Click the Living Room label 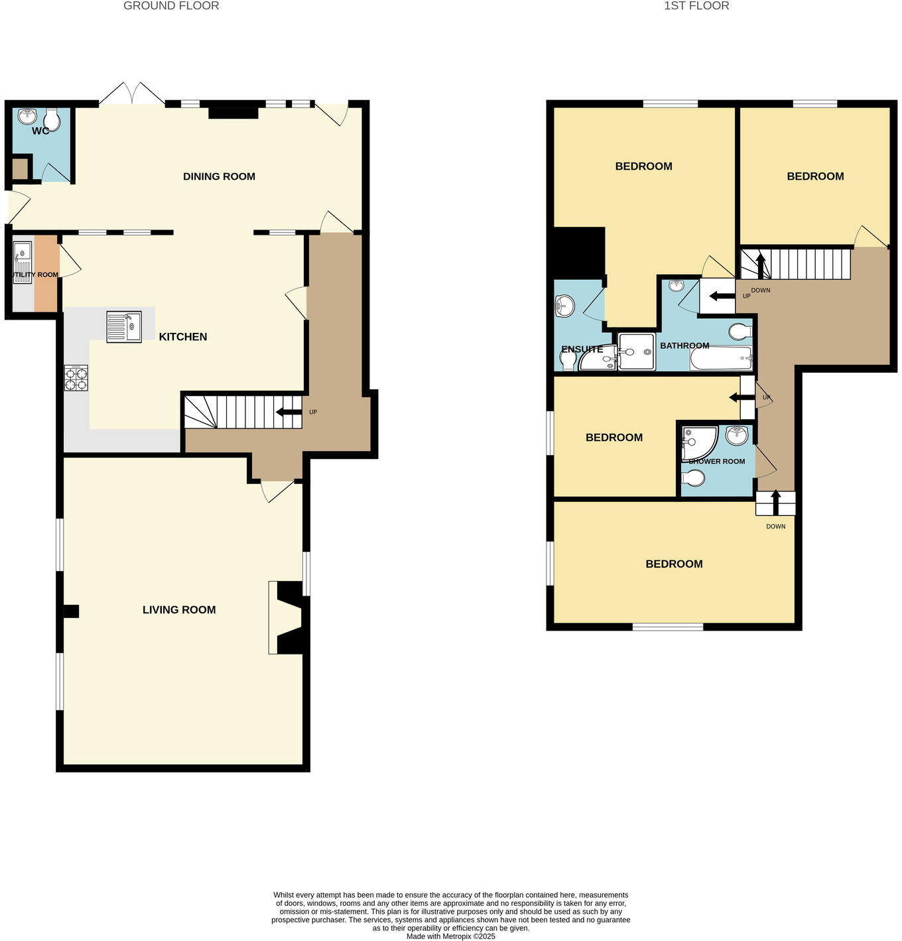179,609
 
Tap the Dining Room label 219,176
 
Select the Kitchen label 183,337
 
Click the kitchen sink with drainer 124,327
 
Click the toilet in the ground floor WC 52,120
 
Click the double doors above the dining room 132,94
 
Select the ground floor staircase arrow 288,412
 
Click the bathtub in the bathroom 721,359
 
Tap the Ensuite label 582,349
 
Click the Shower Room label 717,462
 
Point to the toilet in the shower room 694,477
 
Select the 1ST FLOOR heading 696,6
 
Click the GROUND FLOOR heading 171,6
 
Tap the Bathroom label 684,345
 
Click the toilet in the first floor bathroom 740,330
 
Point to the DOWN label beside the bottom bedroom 775,527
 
